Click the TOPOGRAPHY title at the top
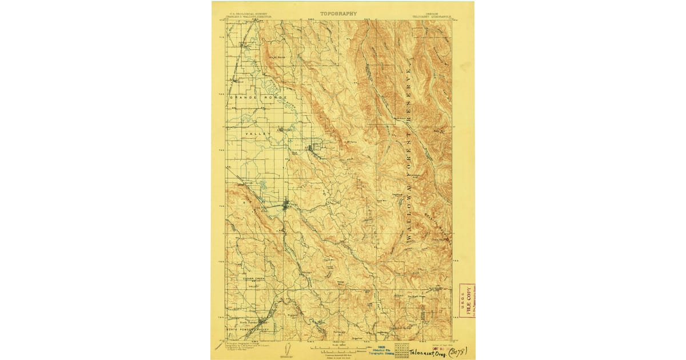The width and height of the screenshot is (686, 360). click(338, 13)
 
